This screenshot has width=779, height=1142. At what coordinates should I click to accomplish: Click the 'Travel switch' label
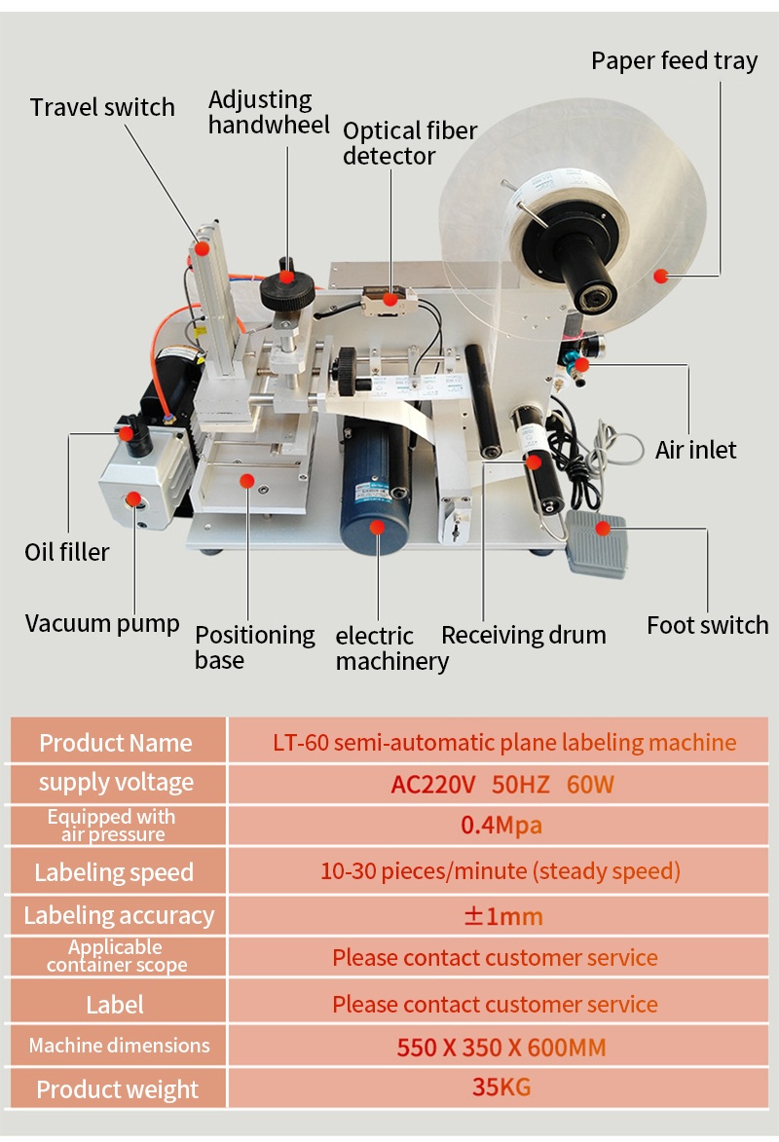[x=102, y=107]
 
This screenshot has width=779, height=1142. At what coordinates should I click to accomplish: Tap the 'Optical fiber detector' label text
[x=409, y=143]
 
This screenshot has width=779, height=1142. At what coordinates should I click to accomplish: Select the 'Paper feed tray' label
[x=674, y=60]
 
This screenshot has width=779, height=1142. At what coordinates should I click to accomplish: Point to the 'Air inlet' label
[x=695, y=450]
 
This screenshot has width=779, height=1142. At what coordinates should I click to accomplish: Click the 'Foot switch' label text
[x=707, y=625]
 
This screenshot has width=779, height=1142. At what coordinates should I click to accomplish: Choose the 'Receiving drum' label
[x=523, y=636]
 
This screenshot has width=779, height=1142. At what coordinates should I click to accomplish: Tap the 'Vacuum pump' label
[x=102, y=623]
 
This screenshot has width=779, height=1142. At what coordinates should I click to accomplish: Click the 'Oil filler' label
[x=67, y=552]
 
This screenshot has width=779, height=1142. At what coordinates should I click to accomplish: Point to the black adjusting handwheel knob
[x=286, y=288]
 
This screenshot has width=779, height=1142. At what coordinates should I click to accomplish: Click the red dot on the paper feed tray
[x=660, y=276]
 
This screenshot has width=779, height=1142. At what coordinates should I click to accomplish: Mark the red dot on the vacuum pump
[x=132, y=500]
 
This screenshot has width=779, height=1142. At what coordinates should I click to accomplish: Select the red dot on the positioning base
[x=248, y=480]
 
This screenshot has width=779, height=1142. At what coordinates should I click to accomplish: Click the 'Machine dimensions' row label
[x=119, y=1046]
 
